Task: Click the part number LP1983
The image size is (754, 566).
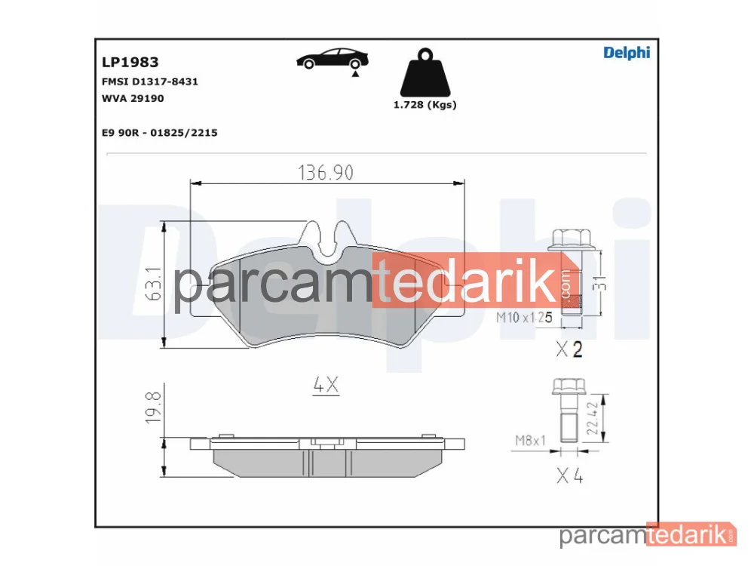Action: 130,62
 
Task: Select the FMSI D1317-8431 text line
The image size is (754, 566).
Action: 149,82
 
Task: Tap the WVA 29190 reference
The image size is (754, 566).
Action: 133,98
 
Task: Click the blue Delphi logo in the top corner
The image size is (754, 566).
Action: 627,53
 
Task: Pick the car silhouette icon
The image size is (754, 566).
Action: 332,58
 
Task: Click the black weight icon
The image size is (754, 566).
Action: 425,72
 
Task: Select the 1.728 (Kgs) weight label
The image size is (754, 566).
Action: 425,104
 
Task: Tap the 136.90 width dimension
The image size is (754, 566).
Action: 326,172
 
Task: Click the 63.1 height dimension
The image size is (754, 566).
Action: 153,284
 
